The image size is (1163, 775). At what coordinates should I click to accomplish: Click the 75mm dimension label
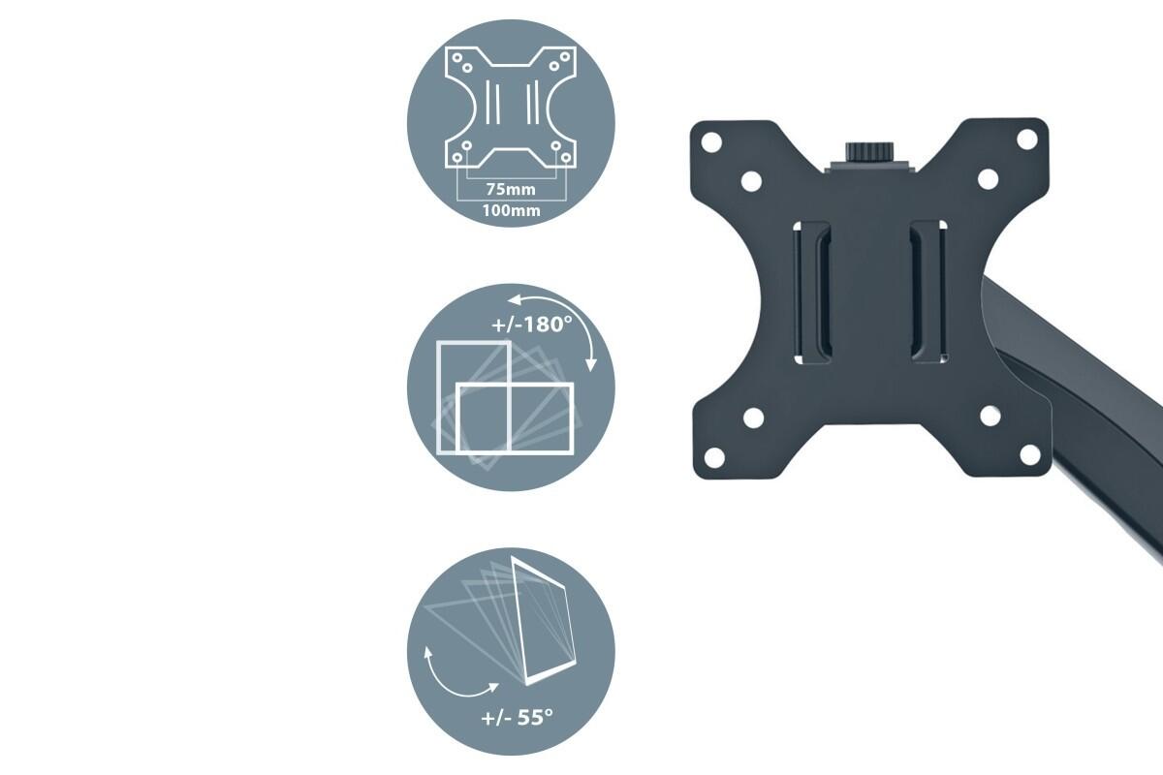click(511, 189)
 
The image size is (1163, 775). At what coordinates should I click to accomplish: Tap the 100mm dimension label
click(511, 211)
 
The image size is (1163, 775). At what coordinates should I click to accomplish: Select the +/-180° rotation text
click(532, 325)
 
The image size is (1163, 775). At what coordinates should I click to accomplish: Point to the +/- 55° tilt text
click(517, 718)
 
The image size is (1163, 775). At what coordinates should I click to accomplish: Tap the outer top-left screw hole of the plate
click(711, 142)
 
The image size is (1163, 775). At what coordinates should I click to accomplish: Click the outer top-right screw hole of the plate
click(1026, 139)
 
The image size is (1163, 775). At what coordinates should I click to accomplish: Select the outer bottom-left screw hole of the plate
click(714, 457)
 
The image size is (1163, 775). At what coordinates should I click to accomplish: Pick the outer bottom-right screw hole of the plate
click(1030, 454)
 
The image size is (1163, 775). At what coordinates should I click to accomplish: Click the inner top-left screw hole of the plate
click(751, 181)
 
